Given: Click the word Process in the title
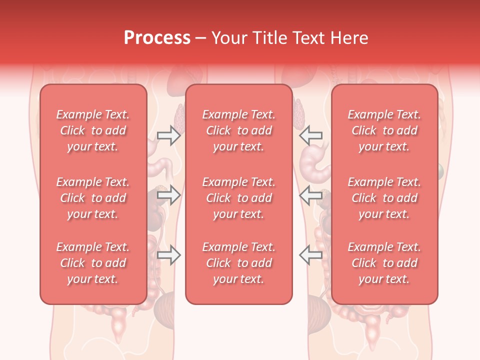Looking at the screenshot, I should point(157,38).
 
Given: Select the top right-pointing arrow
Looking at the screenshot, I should point(168,135).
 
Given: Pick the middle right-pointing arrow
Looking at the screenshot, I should point(168,195).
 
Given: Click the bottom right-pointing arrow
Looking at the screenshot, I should point(168,255).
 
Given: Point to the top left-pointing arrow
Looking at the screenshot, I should point(311,135).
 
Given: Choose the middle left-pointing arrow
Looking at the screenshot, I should point(311,195).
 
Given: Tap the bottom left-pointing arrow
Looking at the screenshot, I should point(311,255).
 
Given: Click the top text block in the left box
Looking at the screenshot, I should point(93,130).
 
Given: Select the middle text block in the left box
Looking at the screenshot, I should point(93,198).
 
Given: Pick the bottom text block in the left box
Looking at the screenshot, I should point(93,263).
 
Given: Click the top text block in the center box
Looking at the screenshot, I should point(239,130).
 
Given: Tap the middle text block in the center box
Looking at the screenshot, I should point(239,198).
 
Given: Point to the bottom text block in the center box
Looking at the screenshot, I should point(239,263).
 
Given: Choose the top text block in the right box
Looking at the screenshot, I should point(384,130).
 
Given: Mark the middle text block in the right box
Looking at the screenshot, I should point(384,198).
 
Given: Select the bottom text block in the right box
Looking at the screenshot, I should point(384,263).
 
